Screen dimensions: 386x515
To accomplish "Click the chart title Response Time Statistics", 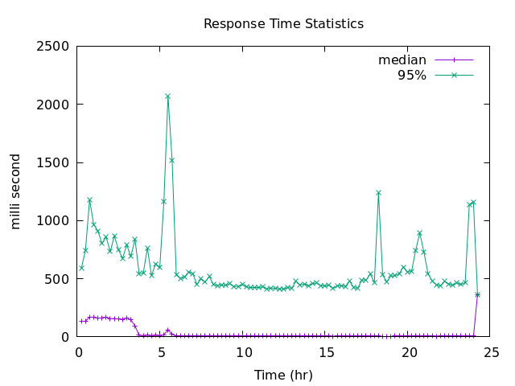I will click(x=283, y=24).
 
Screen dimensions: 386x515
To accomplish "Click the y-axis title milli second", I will click(x=16, y=191).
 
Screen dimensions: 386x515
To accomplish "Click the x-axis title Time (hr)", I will click(x=283, y=375).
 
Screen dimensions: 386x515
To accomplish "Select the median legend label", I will click(x=402, y=60).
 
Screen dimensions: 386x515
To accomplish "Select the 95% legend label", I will click(x=412, y=76).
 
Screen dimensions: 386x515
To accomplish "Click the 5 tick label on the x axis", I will click(x=161, y=352).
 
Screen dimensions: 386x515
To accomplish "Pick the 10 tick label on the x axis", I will click(x=244, y=352).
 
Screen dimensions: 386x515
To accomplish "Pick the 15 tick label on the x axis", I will click(x=327, y=352).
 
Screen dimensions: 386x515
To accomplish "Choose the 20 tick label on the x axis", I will click(x=410, y=352).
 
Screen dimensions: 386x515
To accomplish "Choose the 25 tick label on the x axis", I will click(x=492, y=352).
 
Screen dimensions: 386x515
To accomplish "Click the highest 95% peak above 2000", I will click(x=167, y=96).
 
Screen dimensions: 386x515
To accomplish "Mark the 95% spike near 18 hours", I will click(x=378, y=192).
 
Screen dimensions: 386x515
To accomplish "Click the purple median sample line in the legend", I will click(x=454, y=60).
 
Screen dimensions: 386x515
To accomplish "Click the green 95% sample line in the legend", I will click(x=454, y=76).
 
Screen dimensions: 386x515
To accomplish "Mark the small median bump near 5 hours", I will click(x=167, y=330).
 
